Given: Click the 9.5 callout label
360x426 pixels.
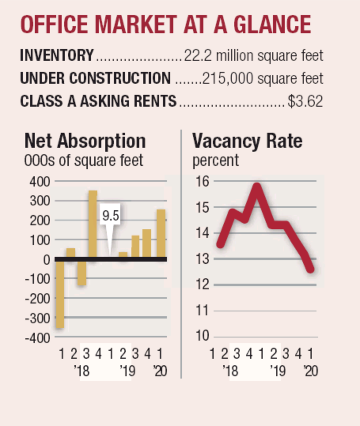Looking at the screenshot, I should (x=111, y=216).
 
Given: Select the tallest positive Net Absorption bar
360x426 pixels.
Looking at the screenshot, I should (x=93, y=224).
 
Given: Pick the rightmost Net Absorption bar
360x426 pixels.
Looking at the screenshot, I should (x=161, y=234).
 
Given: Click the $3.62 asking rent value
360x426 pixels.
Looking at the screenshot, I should (x=305, y=102).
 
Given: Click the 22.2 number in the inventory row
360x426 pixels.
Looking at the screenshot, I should (x=196, y=55).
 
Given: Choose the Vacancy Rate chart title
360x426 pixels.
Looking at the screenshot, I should (x=247, y=141).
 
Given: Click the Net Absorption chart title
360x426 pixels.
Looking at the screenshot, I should (x=85, y=141).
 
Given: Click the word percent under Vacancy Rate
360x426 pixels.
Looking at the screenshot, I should (x=216, y=160).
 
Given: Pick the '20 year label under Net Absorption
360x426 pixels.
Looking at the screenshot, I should (x=160, y=371).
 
